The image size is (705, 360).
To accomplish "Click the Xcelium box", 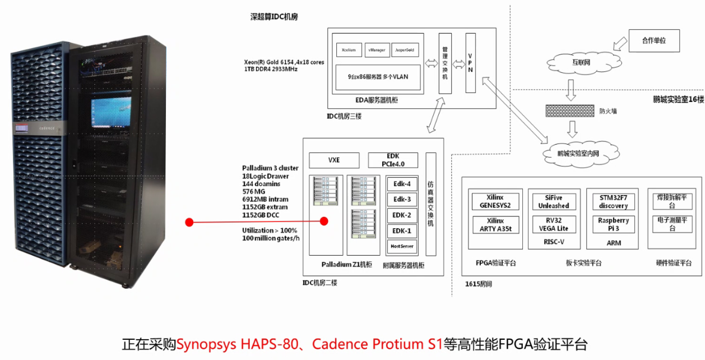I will [x=348, y=50].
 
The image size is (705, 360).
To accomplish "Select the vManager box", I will [x=377, y=50].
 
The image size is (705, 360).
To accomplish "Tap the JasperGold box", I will [x=405, y=50].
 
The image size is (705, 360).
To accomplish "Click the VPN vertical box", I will [x=470, y=62].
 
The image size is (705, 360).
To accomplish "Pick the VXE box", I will [x=334, y=160].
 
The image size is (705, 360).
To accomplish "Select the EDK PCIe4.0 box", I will [x=393, y=160].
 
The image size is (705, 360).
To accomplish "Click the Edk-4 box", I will [x=402, y=184].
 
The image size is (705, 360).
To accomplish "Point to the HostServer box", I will [x=402, y=246].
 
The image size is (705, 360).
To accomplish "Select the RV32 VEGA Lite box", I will [x=554, y=224].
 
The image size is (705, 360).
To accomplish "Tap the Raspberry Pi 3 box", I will [x=613, y=224].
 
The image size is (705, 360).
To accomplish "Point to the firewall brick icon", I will [x=569, y=110].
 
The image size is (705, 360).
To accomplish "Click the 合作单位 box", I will [x=654, y=41].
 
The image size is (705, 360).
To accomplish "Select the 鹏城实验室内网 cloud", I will [x=577, y=152].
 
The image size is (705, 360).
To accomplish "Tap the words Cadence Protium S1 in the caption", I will [x=378, y=344].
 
